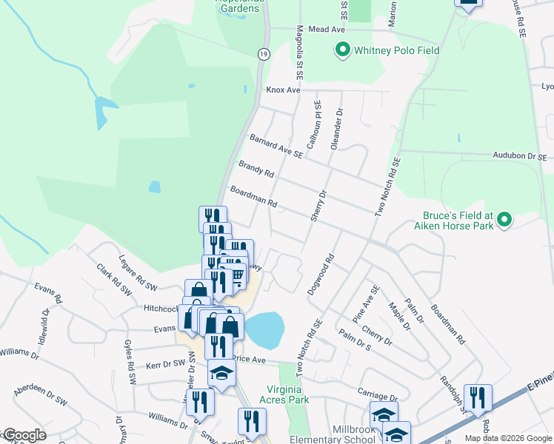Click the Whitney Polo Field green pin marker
pyautogui.click(x=342, y=50)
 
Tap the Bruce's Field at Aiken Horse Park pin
pyautogui.click(x=504, y=220)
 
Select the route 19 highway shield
pyautogui.click(x=263, y=54)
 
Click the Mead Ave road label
pyautogui.click(x=327, y=29)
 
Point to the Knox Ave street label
pyautogui.click(x=283, y=90)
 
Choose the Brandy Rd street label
pyautogui.click(x=256, y=169)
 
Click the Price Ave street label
pyautogui.click(x=249, y=359)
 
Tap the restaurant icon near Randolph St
pyautogui.click(x=478, y=397)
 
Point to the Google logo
pyautogui.click(x=24, y=435)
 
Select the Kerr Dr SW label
pyautogui.click(x=164, y=365)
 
